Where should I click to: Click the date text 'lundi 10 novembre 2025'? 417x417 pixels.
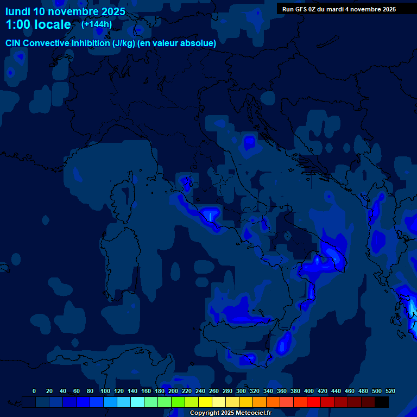[65, 11]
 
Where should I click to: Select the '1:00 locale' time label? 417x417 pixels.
[38, 24]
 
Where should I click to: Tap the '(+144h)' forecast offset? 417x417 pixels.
[97, 24]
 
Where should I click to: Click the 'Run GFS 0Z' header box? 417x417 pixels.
[339, 9]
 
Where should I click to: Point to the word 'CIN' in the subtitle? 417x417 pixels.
[14, 43]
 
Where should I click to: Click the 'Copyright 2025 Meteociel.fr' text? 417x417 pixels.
[230, 413]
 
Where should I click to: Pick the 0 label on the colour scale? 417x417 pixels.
[34, 391]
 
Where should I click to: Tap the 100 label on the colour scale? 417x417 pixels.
[105, 391]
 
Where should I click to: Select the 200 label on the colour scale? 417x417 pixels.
[173, 391]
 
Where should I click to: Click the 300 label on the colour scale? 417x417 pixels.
[241, 391]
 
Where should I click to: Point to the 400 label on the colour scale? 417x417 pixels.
[309, 391]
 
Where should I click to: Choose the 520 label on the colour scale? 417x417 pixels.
[390, 391]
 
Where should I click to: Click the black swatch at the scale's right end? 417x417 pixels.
[382, 402]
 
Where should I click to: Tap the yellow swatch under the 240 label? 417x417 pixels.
[205, 402]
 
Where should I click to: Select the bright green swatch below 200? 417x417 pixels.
[178, 402]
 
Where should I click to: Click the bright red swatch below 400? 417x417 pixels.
[314, 402]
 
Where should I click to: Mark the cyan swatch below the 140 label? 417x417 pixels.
[137, 402]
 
